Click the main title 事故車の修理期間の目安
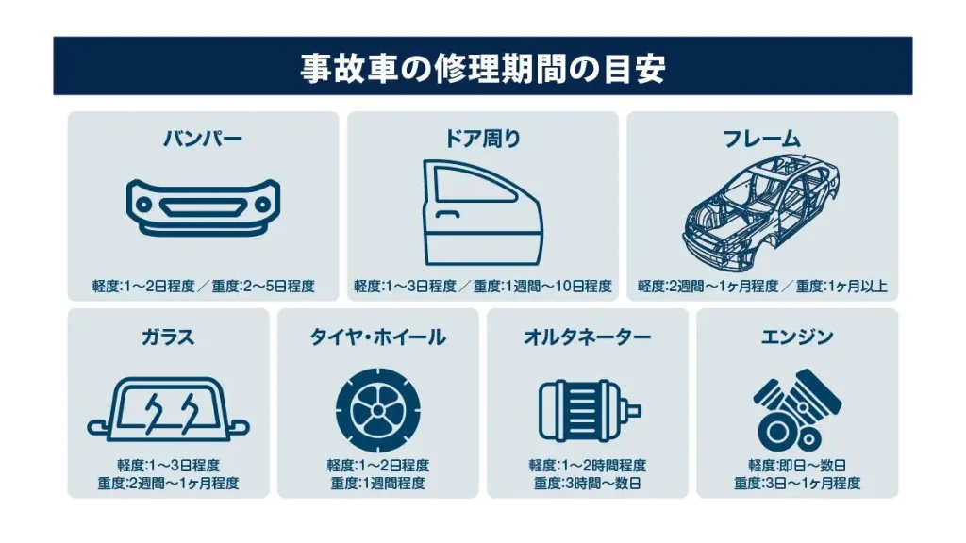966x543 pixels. click(482, 67)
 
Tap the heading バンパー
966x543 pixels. click(203, 139)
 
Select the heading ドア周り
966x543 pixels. click(482, 139)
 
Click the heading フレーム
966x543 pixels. click(762, 139)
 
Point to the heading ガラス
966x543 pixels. click(168, 337)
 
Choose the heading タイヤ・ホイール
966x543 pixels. click(377, 337)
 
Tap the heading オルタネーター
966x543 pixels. click(587, 337)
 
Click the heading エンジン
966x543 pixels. click(797, 337)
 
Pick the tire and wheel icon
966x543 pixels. click(377, 410)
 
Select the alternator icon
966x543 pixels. click(589, 411)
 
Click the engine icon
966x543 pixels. click(797, 410)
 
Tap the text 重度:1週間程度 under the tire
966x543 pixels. click(377, 484)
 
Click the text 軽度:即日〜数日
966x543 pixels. click(797, 466)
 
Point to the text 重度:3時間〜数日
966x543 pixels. click(587, 484)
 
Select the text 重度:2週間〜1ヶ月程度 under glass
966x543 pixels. click(168, 484)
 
